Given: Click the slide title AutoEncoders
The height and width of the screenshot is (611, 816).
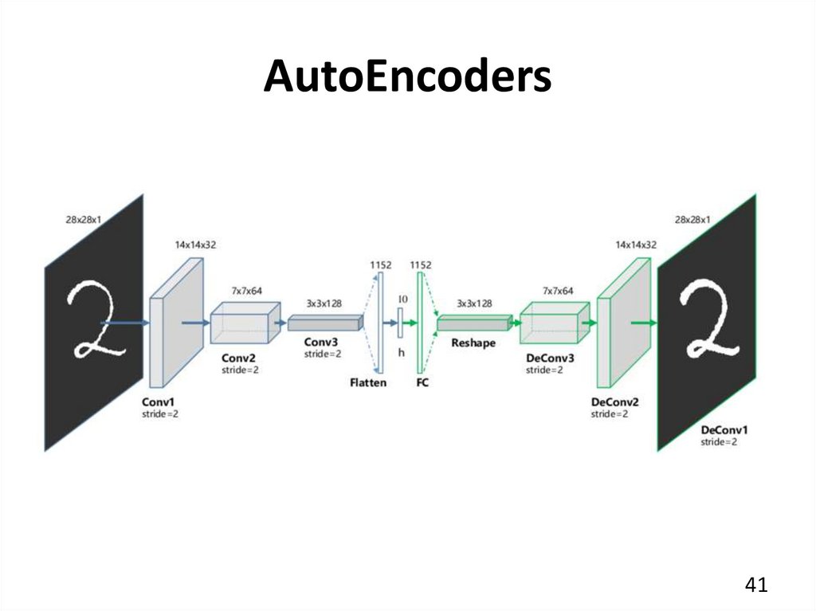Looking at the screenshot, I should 407,77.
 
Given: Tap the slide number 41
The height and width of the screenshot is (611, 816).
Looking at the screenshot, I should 755,586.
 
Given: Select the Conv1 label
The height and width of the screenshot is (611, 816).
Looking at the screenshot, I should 158,403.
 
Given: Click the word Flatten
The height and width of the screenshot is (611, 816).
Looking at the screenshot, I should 368,382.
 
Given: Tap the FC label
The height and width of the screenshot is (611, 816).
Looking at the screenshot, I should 422,382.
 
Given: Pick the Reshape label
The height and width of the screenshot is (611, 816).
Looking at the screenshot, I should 473,343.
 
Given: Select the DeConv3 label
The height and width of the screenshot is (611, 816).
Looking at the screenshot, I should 550,358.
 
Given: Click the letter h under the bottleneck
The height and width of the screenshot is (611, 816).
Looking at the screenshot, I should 401,352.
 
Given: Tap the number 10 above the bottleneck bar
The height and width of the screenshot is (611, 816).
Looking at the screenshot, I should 402,299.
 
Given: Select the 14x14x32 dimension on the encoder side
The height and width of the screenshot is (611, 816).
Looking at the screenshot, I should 195,245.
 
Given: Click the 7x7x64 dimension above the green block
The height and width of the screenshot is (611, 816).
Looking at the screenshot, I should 558,291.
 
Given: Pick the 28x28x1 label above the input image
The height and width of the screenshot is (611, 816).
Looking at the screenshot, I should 83,219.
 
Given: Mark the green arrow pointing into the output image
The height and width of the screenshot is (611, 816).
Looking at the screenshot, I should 643,323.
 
